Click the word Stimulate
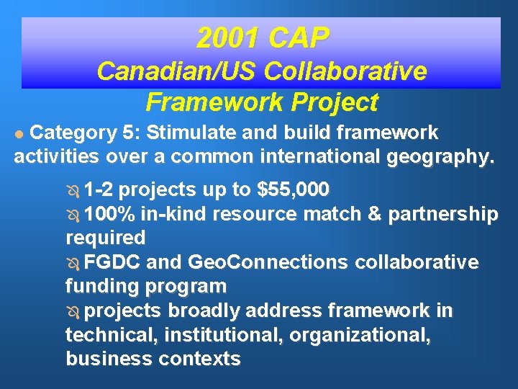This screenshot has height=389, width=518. tap(237, 133)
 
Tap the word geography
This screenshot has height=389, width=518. tap(441, 158)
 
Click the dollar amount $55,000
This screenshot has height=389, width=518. tap(294, 190)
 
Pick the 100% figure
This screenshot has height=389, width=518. tap(109, 214)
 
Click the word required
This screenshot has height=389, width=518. tap(105, 238)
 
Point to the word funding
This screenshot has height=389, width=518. tap(102, 286)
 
